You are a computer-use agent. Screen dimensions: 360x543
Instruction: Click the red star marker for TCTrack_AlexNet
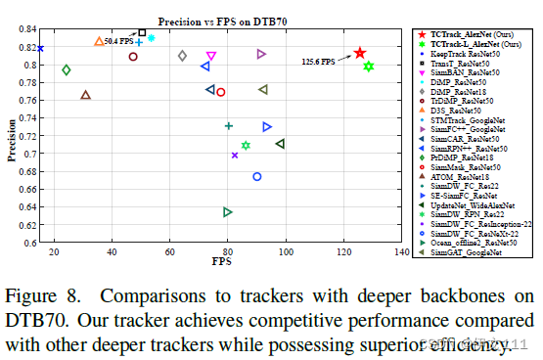[360, 53]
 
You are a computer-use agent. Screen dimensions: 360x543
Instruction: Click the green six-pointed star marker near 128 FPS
[369, 67]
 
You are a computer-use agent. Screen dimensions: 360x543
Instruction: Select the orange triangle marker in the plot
[99, 41]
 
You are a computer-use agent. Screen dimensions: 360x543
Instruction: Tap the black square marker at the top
[143, 32]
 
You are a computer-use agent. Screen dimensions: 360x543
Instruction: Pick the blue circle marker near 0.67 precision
[257, 177]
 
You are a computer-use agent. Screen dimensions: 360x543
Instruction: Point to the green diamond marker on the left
[67, 69]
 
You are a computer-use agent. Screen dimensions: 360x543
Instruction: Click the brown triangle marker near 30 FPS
[86, 95]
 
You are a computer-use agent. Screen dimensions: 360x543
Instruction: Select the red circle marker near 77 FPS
[220, 92]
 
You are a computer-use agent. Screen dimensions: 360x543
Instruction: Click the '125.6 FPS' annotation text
[316, 62]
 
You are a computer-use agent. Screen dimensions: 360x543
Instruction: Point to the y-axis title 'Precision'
[13, 138]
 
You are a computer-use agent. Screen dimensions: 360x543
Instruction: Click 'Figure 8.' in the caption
[45, 294]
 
